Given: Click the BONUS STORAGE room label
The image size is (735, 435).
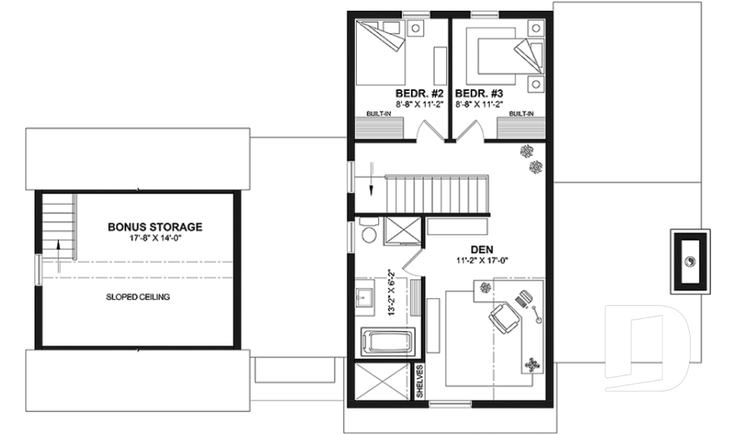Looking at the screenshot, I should point(155,227).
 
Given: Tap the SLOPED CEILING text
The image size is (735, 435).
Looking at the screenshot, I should point(138,297).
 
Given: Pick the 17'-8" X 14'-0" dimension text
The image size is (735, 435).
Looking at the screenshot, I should point(155,238).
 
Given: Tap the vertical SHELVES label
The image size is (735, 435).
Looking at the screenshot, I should point(420,381).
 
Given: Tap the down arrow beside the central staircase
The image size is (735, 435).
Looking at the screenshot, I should point(370,177).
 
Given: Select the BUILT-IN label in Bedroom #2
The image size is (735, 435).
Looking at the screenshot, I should point(377,113).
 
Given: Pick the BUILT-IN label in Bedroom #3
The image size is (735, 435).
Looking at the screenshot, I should point(521,113).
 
